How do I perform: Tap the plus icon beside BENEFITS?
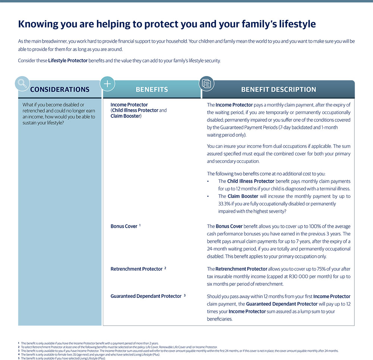(107, 83)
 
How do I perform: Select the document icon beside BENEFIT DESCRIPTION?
(206, 83)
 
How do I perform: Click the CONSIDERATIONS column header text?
(60, 89)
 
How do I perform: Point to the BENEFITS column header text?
(152, 89)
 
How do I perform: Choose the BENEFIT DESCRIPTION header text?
(278, 89)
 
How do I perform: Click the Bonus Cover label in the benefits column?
(124, 226)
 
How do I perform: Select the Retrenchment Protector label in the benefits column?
(137, 269)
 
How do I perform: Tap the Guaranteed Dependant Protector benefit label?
(146, 296)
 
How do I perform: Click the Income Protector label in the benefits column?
(129, 105)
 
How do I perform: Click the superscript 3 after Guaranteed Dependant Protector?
(184, 295)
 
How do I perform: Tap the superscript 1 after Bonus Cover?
(140, 225)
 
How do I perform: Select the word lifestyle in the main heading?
(297, 24)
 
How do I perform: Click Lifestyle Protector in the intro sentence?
(68, 60)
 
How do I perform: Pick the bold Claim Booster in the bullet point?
(242, 196)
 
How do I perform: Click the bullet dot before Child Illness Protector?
(208, 181)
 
